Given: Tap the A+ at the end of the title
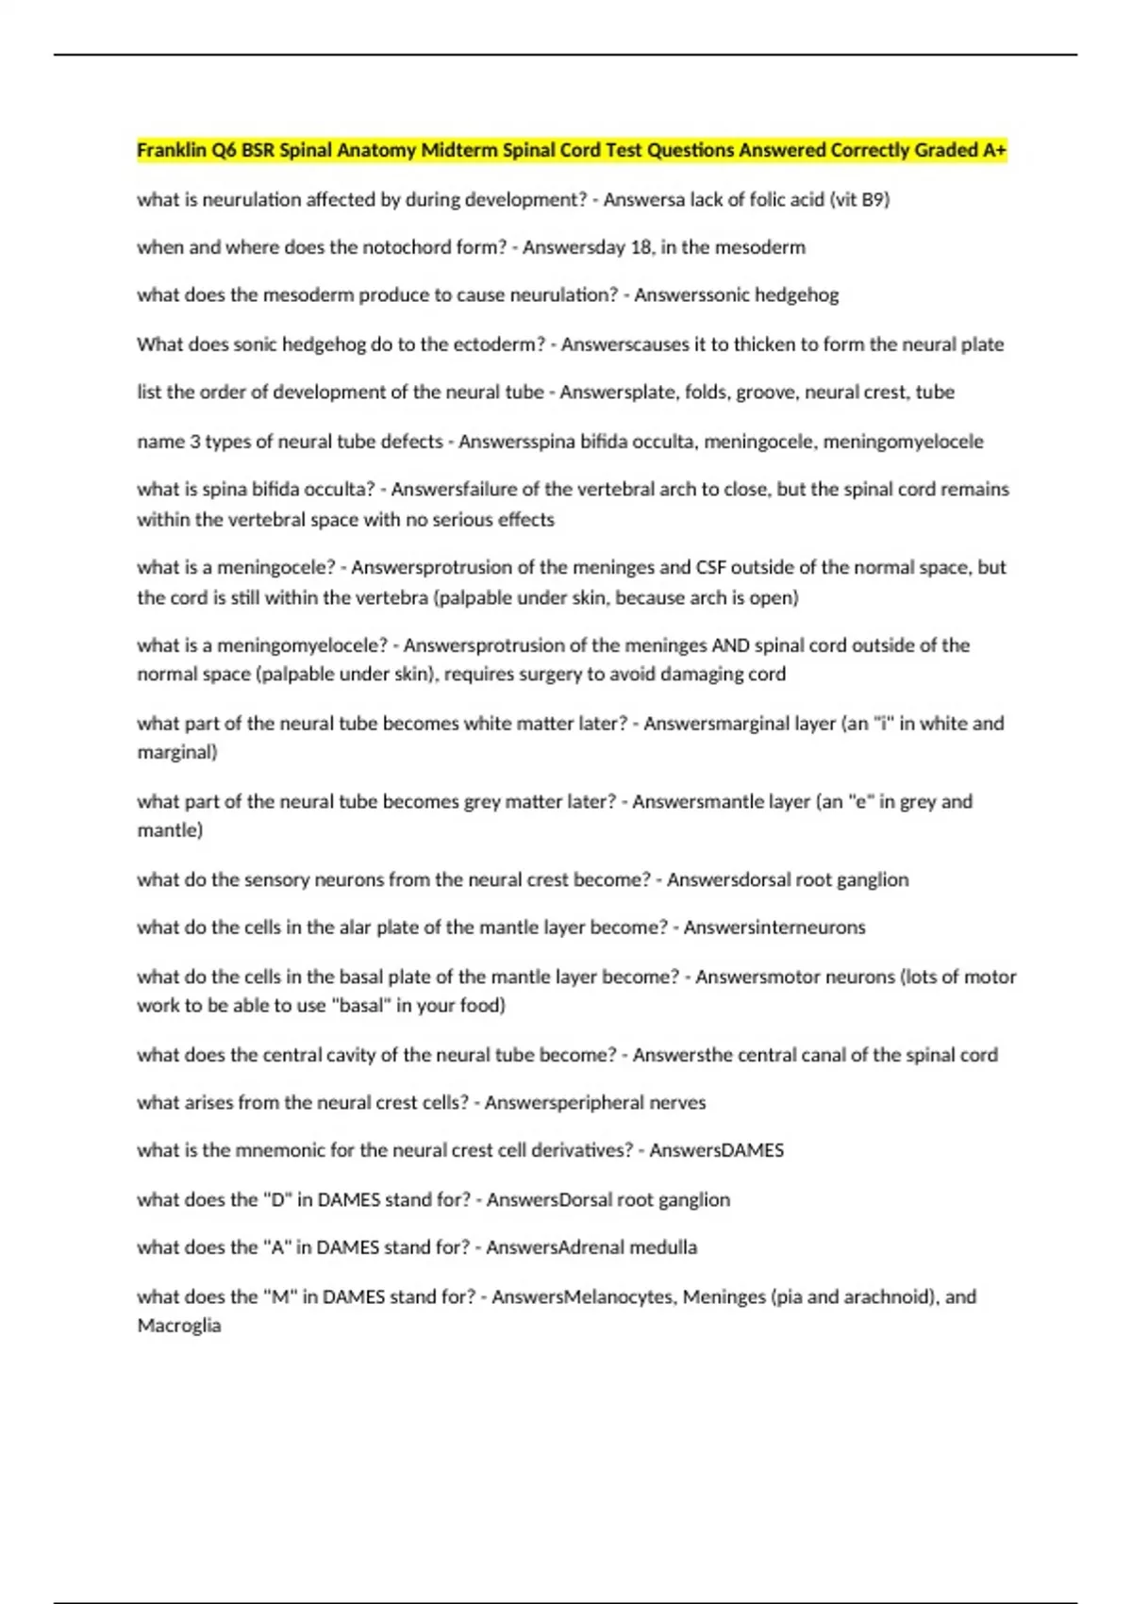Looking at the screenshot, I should point(994,150).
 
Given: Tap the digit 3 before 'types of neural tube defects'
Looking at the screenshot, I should point(195,442).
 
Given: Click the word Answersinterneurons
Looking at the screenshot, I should point(774,927).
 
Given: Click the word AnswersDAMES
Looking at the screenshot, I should point(716,1150).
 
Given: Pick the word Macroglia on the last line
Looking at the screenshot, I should point(179,1325).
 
